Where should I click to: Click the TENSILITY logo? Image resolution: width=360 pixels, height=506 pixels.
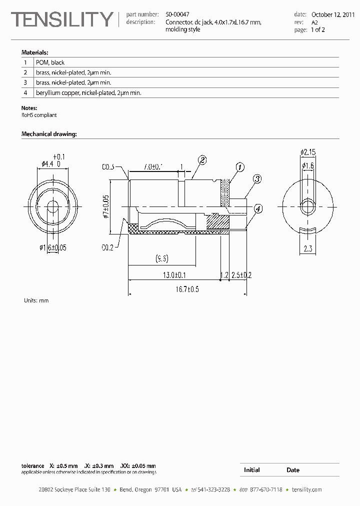(x=62, y=19)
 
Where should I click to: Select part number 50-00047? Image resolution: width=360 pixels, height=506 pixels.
(x=177, y=15)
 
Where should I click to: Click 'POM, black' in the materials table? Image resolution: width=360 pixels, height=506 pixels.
(x=50, y=62)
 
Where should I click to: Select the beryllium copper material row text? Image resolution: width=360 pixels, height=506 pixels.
(x=88, y=92)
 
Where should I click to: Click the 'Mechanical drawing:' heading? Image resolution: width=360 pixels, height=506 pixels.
(x=49, y=134)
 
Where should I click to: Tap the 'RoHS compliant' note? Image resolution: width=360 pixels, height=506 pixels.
(x=39, y=115)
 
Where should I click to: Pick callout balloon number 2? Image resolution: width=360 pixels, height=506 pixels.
(x=202, y=160)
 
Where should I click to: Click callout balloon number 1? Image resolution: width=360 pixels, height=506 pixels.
(x=239, y=167)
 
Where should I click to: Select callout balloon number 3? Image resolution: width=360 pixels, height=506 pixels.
(x=257, y=178)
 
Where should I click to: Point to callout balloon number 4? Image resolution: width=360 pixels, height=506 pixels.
(x=257, y=209)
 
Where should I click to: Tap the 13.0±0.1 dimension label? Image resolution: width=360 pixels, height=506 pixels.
(x=174, y=275)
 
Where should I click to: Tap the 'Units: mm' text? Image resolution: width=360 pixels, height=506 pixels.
(x=36, y=300)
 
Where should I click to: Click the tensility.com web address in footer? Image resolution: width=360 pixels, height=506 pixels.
(x=306, y=489)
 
